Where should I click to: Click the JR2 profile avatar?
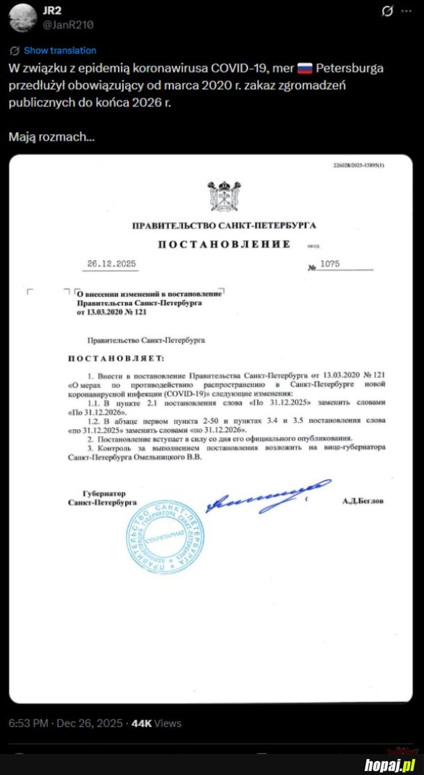pyautogui.click(x=21, y=17)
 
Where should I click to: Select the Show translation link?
pyautogui.click(x=60, y=51)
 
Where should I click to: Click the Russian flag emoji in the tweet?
pyautogui.click(x=304, y=68)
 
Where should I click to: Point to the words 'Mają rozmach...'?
pyautogui.click(x=51, y=137)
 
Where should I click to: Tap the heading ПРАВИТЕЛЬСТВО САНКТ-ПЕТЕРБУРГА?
pyautogui.click(x=224, y=226)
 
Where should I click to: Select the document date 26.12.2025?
pyautogui.click(x=112, y=264)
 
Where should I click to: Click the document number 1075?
pyautogui.click(x=331, y=266)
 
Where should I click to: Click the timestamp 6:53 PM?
pyautogui.click(x=28, y=724)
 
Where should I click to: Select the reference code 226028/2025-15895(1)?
pyautogui.click(x=359, y=165)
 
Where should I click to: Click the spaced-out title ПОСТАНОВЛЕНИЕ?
pyautogui.click(x=224, y=244)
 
